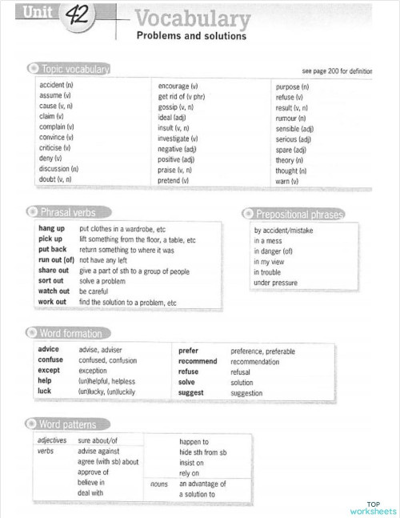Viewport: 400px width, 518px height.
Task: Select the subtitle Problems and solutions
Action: point(191,37)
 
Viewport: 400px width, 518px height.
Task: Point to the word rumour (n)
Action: point(292,118)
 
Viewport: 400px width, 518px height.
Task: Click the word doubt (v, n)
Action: point(55,179)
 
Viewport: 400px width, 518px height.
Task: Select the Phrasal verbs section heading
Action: point(67,212)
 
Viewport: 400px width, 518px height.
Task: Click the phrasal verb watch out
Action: point(54,291)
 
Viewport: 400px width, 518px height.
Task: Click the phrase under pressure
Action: point(275,283)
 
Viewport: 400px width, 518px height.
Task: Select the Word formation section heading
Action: point(70,333)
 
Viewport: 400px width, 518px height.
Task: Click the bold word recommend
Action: point(198,361)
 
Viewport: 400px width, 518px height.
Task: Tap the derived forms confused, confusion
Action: point(107,361)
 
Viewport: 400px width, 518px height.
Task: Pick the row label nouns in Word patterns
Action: point(158,484)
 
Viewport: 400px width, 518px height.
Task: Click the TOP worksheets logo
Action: point(373,507)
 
